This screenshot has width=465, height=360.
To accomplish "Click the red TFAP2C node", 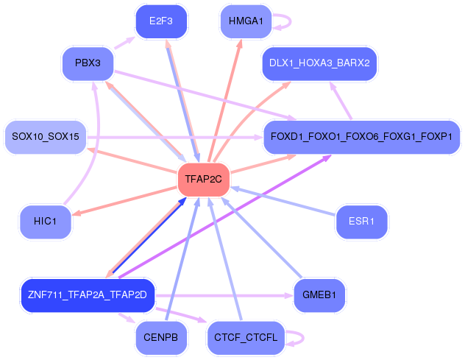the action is coord(203,179).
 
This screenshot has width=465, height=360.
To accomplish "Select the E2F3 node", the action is coord(161,21).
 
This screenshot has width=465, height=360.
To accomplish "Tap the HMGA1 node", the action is coord(246,21).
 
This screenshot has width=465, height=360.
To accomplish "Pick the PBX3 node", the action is coord(88,63).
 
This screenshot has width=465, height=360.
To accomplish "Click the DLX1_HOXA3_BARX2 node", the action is coord(319,63).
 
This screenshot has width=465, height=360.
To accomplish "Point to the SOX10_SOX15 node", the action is coord(46,137).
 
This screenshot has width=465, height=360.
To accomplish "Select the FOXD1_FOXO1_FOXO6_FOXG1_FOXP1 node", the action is coord(361,137).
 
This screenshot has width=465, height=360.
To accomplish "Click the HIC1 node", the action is coord(46,222).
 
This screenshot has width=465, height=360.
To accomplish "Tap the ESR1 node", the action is coord(361,222).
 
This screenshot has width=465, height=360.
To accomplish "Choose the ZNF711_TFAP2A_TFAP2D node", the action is coord(88,295).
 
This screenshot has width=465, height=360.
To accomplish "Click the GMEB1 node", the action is coord(319,295).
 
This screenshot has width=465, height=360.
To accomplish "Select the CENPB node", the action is coord(161,338).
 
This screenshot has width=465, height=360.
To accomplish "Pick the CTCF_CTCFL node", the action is coord(246,338).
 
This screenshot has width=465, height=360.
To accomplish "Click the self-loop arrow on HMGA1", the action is coord(291,21).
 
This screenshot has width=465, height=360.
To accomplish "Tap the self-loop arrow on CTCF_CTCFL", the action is coord(303,338).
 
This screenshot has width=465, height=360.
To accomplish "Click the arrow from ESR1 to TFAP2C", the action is coord(283,201).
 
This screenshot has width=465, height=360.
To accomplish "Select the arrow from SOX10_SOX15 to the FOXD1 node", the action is coord(175,137).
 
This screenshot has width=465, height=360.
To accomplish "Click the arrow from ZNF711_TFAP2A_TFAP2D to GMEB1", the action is coord(224,296).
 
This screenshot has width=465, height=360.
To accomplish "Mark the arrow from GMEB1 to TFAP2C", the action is coord(262,238).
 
